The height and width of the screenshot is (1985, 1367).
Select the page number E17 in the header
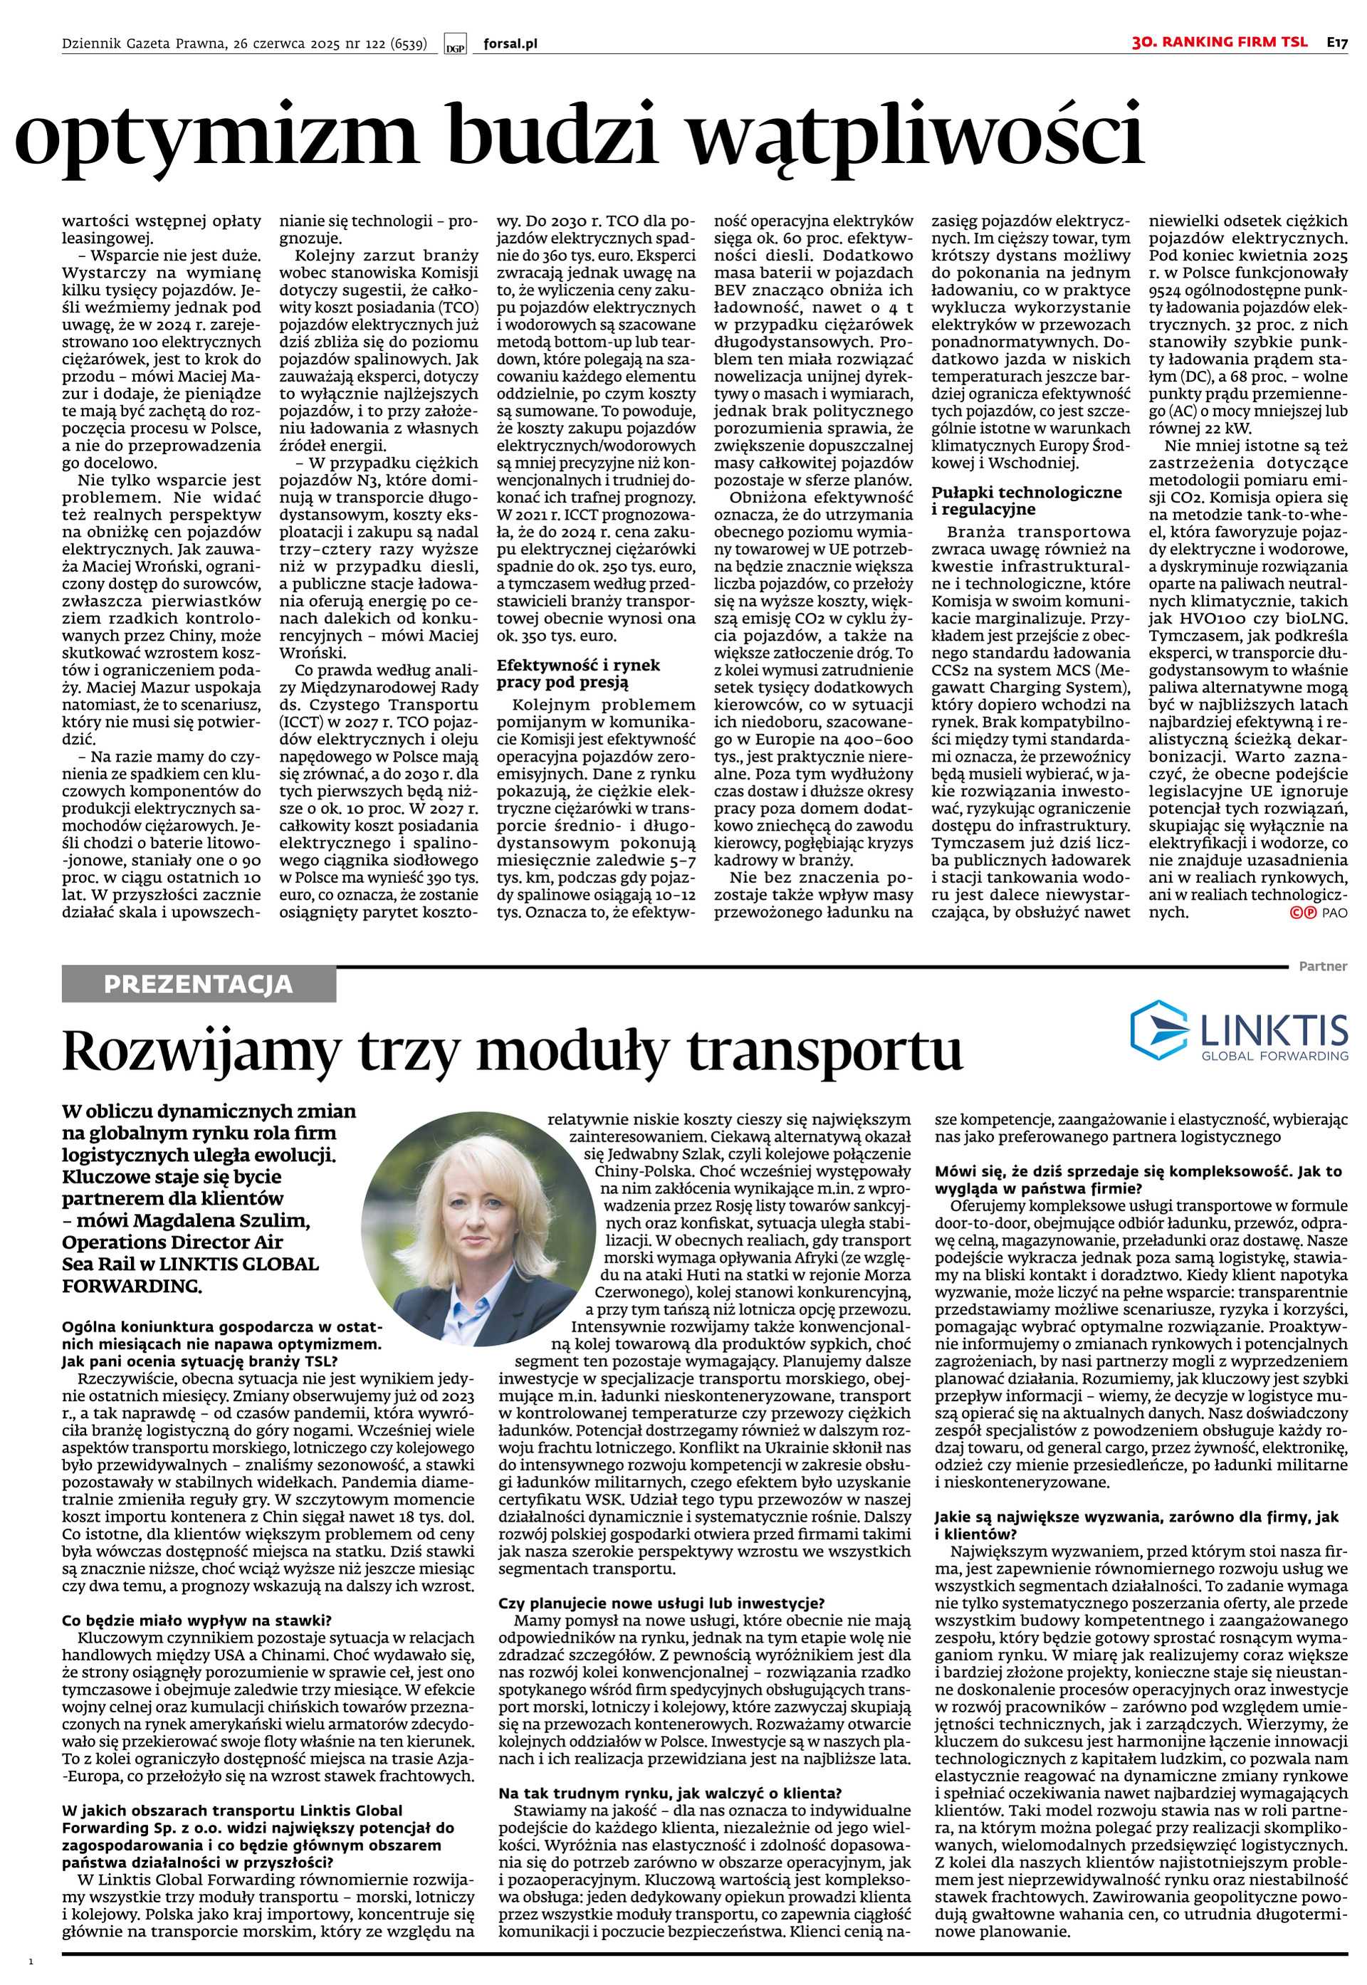(x=1338, y=42)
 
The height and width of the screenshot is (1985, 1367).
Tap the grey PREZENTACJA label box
(x=199, y=985)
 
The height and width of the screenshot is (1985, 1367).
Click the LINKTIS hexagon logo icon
(x=1156, y=1026)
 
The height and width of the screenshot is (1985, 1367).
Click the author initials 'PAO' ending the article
(x=1335, y=913)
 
